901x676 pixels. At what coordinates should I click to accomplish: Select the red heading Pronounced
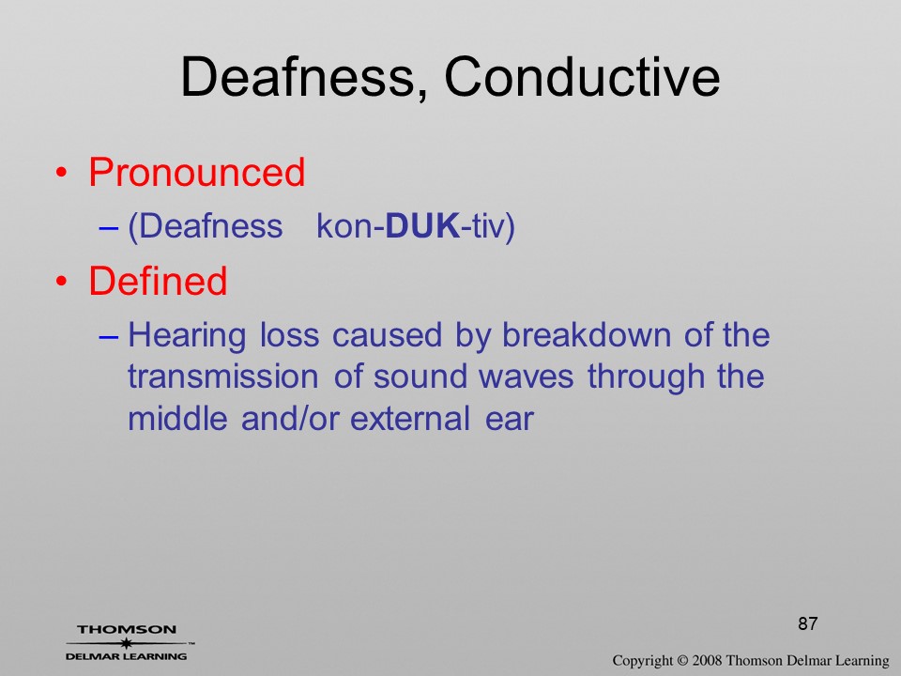(x=196, y=172)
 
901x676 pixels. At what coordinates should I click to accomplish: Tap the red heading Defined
(x=158, y=281)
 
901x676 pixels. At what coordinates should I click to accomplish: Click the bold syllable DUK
(x=422, y=225)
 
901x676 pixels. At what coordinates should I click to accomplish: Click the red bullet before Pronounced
(x=62, y=173)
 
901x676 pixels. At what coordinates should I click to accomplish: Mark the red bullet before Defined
(x=62, y=282)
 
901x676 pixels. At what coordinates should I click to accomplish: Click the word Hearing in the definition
(x=187, y=336)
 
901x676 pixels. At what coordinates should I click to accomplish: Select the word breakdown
(x=586, y=334)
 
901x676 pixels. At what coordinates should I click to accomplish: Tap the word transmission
(x=223, y=376)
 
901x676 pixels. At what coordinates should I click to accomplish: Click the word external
(x=410, y=418)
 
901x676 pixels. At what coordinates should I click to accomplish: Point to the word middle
(x=177, y=418)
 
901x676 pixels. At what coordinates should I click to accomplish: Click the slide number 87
(x=807, y=623)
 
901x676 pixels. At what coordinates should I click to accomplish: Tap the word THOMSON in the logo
(x=127, y=629)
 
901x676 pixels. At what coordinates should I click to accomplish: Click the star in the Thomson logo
(x=126, y=643)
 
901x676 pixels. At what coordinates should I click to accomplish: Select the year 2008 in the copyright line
(x=708, y=660)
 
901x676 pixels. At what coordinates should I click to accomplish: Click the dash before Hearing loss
(x=109, y=337)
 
